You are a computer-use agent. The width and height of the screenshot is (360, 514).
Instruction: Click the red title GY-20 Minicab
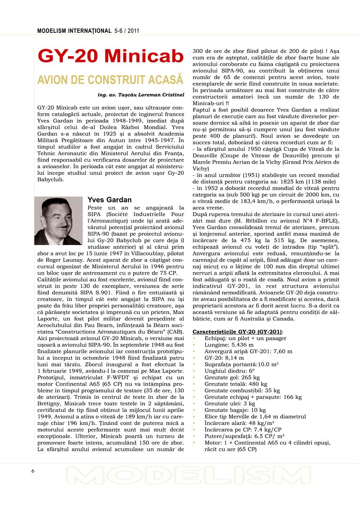110,56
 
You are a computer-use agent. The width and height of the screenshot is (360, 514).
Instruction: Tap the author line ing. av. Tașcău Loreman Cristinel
141,95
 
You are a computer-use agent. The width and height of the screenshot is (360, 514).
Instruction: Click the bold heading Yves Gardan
109,200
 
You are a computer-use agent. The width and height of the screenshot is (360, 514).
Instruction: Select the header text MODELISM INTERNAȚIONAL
74,31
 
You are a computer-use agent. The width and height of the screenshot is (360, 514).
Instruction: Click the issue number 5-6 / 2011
127,31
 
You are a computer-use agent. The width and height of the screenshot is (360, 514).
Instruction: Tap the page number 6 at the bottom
32,471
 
